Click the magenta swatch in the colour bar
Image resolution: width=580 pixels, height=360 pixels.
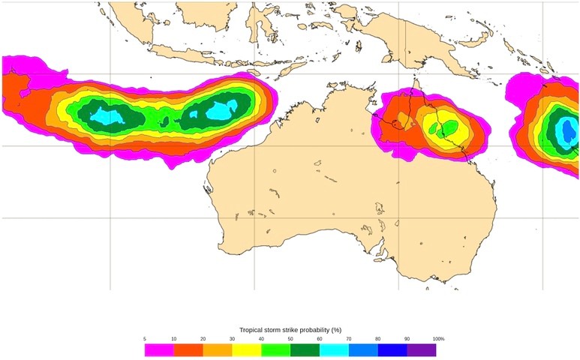click(159, 349)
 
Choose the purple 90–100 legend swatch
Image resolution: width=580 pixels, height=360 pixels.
click(422, 349)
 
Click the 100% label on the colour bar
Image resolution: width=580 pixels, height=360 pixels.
click(438, 339)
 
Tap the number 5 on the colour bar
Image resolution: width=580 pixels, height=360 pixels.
click(145, 339)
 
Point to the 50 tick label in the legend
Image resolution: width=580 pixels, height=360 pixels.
click(290, 339)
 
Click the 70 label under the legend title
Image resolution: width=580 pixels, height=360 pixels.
click(349, 339)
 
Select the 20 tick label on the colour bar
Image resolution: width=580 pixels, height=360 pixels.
click(203, 339)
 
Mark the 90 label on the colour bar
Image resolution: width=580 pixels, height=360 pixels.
click(407, 339)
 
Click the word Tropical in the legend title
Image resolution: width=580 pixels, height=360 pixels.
click(253, 329)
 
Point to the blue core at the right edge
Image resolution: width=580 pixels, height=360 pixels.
click(569, 124)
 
